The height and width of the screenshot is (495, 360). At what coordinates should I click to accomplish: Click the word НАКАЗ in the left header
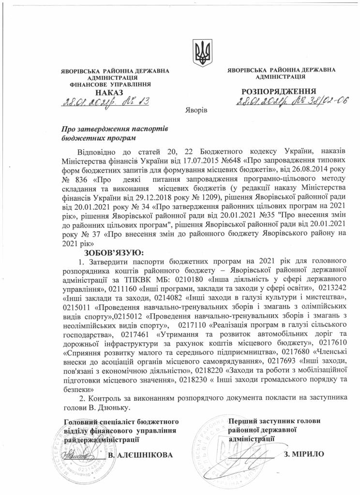[109, 92]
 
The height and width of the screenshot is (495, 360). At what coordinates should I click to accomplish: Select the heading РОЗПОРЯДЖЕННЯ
[279, 91]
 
